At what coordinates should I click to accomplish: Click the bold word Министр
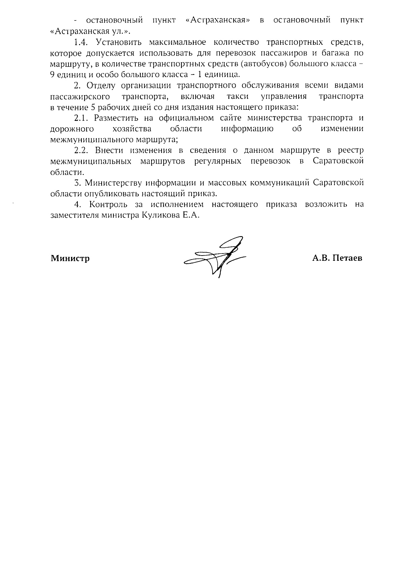70,259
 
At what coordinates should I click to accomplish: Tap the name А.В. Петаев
337,258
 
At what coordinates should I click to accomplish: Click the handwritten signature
215,258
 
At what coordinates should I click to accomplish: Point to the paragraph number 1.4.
81,42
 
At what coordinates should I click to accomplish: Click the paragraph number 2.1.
81,118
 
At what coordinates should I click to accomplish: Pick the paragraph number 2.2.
81,150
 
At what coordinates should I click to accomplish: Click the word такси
238,96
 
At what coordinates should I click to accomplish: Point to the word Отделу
101,86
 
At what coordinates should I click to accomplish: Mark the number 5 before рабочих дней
93,107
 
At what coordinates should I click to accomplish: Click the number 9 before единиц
52,75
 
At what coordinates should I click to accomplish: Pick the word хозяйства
132,129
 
